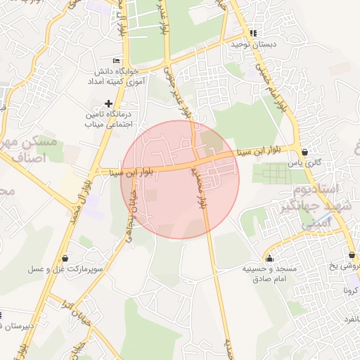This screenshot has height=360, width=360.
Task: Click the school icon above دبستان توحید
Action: tap(253, 33)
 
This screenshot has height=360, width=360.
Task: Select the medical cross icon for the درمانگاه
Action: tap(108, 103)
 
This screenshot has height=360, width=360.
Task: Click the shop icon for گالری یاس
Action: tap(304, 151)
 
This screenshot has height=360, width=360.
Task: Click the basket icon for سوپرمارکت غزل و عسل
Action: tap(65, 258)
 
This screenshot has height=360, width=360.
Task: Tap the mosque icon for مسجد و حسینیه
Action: tap(270, 258)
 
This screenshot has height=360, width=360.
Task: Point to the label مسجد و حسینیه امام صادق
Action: tap(270, 274)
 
